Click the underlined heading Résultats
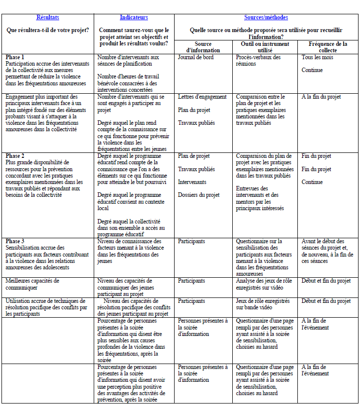(x=48, y=18)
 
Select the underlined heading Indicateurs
(x=134, y=18)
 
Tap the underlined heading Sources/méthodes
(x=266, y=18)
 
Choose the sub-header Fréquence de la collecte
(x=327, y=47)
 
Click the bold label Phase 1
(x=15, y=57)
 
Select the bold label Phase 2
(x=15, y=156)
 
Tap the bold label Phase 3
(x=15, y=241)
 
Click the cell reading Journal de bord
(x=196, y=57)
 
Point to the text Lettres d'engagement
(x=202, y=97)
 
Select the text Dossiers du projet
(x=199, y=195)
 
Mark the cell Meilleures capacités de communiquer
(x=33, y=284)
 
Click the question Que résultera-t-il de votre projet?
(x=48, y=30)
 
